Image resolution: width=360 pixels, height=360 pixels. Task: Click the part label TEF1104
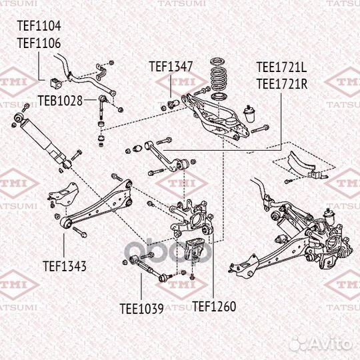point(38,27)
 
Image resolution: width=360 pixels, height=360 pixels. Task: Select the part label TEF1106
point(38,43)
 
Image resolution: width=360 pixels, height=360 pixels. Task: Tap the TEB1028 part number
point(59,101)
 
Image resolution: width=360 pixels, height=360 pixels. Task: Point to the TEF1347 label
point(171,67)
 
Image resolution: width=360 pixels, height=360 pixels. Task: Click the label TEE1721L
point(282,68)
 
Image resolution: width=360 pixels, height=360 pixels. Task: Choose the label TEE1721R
point(282,83)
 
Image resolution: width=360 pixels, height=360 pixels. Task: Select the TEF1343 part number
point(65,266)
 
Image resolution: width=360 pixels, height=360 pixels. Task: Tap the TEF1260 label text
point(214,307)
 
